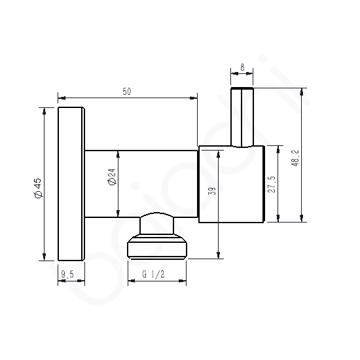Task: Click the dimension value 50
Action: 127,92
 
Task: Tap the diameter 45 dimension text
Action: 38,188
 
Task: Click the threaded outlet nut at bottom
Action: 157,247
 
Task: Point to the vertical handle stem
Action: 242,118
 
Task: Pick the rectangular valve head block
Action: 230,184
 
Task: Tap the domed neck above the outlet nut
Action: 157,224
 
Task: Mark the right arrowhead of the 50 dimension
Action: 194,99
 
